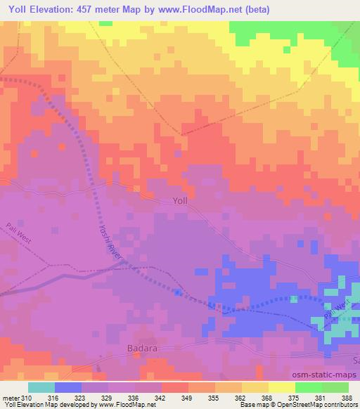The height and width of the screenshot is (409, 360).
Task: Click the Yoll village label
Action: [180, 200]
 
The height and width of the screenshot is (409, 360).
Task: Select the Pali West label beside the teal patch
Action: [336, 311]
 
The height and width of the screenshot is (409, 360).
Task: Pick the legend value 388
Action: [347, 398]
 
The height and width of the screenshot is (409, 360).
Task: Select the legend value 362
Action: [241, 398]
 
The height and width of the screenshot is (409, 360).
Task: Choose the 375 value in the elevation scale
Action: [294, 398]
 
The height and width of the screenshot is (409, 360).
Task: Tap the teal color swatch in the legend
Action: [41, 387]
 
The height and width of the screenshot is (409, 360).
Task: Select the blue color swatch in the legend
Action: [68, 387]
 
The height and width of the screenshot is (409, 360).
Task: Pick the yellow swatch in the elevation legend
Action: [281, 387]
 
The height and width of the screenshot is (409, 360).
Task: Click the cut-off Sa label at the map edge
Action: [356, 360]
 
